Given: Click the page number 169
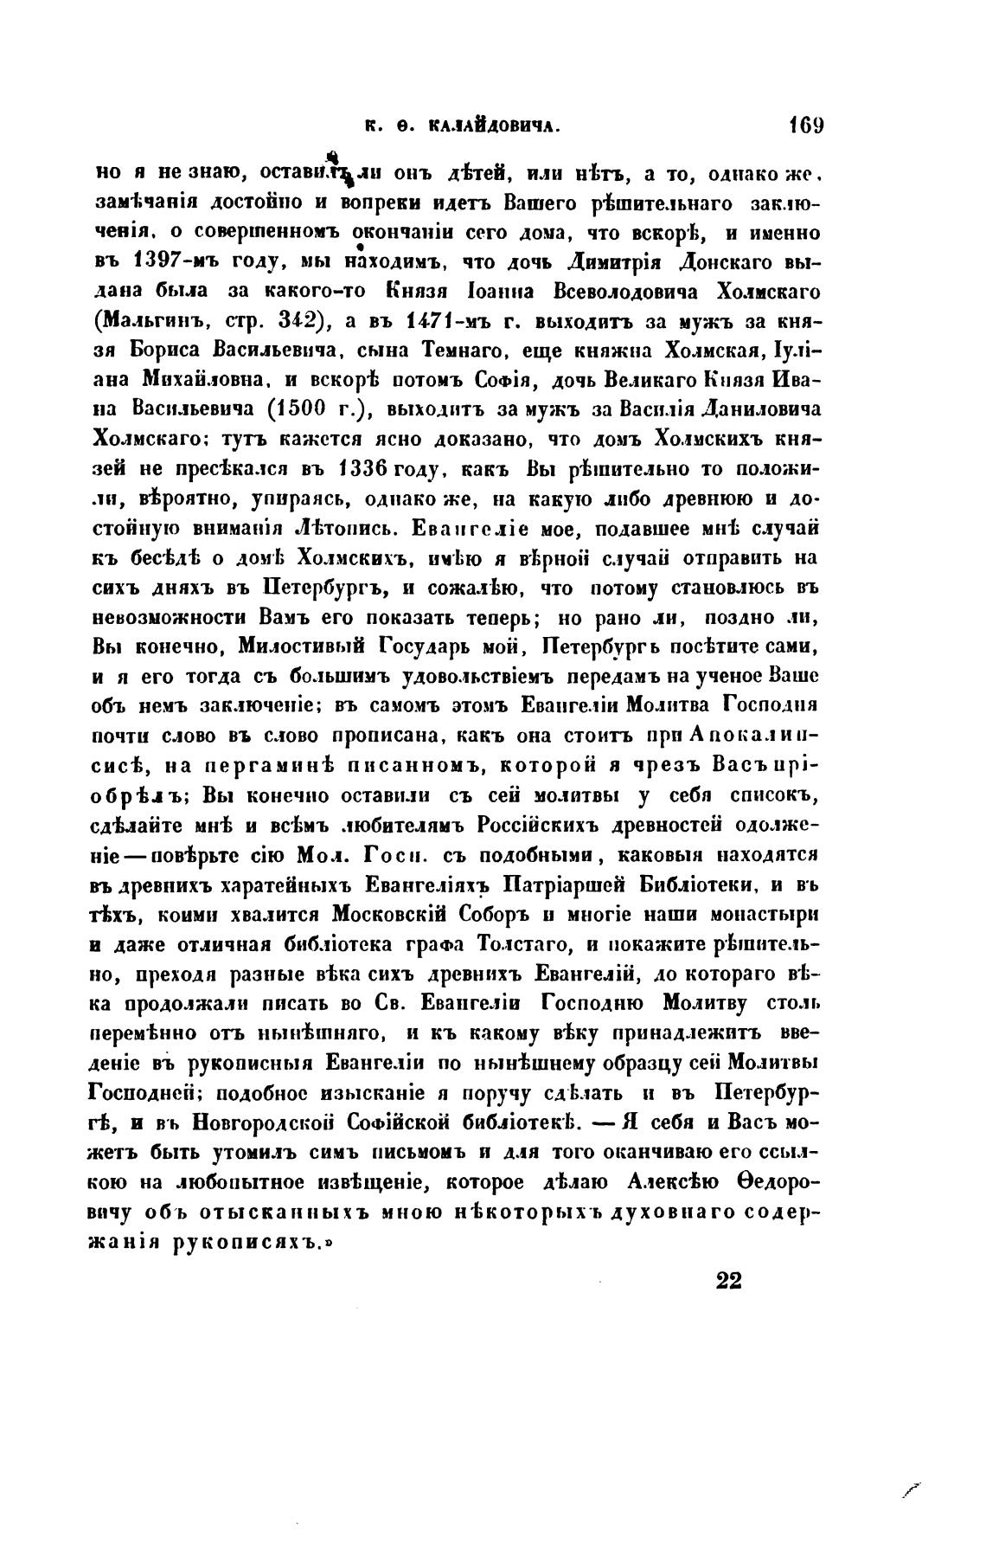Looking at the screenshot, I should coord(804,124).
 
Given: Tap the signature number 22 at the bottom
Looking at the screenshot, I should coord(729,1281).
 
